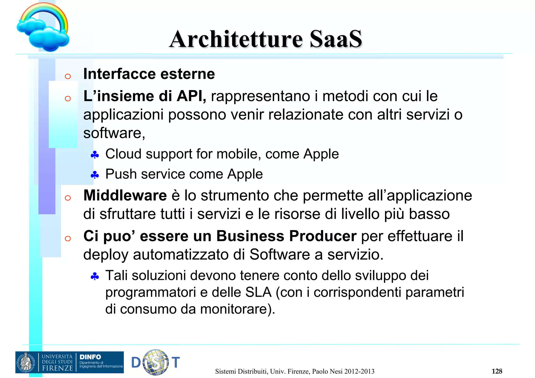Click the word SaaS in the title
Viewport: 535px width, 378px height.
(336, 39)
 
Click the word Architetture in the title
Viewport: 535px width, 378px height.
(236, 39)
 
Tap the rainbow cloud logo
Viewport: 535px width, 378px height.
(43, 27)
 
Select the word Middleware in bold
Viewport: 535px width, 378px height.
(125, 196)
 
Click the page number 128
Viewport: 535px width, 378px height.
(497, 371)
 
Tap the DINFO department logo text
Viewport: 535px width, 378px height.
(90, 357)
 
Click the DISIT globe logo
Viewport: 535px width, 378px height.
(156, 362)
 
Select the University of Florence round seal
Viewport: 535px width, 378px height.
(26, 362)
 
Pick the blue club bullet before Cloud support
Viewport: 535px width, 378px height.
(95, 155)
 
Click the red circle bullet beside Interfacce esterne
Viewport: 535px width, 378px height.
(68, 76)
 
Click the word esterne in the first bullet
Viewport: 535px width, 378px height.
(188, 74)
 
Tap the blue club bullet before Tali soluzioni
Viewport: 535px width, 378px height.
(95, 276)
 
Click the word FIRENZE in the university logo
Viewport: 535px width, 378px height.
(57, 368)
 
